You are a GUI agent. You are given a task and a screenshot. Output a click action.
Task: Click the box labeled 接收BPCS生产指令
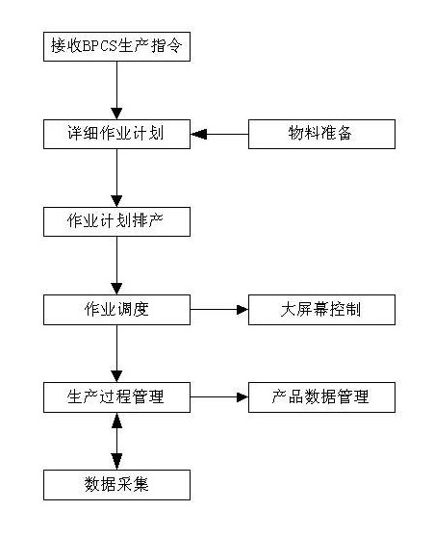point(116,47)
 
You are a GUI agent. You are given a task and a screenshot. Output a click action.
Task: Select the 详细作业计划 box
point(116,134)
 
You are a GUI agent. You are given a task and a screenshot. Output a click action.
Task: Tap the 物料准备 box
point(321,134)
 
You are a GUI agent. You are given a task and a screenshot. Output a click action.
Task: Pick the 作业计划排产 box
point(116,221)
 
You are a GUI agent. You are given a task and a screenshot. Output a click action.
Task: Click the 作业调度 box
point(116,310)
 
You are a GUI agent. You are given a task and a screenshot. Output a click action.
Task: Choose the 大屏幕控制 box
point(321,310)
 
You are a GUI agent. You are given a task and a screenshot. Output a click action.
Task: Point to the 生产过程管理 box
point(116,397)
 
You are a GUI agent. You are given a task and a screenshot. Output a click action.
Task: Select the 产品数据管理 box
point(321,397)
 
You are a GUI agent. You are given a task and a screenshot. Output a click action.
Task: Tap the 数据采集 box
point(116,485)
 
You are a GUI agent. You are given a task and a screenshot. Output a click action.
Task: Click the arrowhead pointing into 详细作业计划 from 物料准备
point(198,134)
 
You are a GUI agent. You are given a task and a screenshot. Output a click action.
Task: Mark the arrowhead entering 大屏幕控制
point(243,310)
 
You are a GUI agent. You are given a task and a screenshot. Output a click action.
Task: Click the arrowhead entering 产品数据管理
point(243,397)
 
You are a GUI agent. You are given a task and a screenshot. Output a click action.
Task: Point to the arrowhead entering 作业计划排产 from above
point(116,201)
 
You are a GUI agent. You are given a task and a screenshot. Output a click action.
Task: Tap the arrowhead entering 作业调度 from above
point(116,290)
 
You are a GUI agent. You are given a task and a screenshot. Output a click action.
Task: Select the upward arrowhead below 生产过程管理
point(116,421)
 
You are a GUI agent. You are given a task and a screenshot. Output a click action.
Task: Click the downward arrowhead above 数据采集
point(116,462)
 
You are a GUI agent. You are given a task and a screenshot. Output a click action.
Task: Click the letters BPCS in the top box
point(100,46)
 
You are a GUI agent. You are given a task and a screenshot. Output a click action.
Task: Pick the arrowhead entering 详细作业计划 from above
point(116,114)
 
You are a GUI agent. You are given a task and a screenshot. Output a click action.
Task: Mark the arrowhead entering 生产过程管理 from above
point(116,376)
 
